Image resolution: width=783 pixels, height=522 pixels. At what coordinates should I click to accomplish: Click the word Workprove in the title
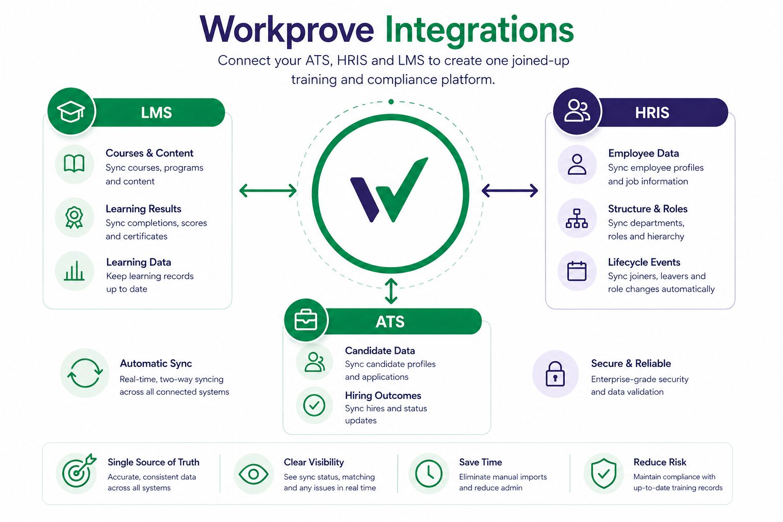[x=287, y=31]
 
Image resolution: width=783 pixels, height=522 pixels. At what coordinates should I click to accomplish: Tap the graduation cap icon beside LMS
[x=71, y=112]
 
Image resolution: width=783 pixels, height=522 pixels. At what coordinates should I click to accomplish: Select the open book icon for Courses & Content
[x=74, y=164]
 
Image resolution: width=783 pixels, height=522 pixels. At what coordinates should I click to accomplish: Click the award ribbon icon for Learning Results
[x=74, y=218]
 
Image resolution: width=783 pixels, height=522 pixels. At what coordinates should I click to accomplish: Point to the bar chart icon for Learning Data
[x=74, y=271]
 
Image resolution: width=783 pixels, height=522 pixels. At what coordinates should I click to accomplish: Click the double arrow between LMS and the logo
[x=268, y=191]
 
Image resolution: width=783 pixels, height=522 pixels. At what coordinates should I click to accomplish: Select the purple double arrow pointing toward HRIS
[x=510, y=191]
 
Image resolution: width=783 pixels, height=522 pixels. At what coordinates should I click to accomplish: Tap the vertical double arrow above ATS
[x=391, y=291]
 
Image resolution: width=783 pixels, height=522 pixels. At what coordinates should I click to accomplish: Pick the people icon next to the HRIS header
[x=577, y=111]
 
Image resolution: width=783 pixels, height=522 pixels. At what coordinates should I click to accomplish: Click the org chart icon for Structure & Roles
[x=577, y=218]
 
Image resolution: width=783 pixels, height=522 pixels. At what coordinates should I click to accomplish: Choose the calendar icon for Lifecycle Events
[x=577, y=271]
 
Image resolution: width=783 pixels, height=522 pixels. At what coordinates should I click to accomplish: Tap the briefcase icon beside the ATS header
[x=306, y=320]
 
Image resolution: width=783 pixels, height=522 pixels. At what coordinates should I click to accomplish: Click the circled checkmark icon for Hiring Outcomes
[x=314, y=405]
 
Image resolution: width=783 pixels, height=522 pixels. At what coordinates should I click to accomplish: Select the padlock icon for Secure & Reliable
[x=555, y=374]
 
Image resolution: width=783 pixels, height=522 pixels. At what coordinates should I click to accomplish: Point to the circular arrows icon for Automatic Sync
[x=85, y=373]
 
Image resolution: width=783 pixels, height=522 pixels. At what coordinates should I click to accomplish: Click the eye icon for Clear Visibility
[x=253, y=474]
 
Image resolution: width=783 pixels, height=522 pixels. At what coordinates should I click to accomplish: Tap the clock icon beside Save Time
[x=429, y=474]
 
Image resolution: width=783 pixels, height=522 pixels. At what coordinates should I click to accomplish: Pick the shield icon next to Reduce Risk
[x=604, y=474]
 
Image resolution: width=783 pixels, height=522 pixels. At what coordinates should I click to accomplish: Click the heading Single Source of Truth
[x=153, y=462]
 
